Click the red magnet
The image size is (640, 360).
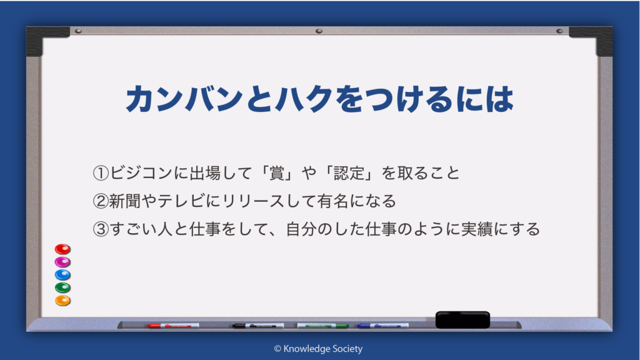click(x=62, y=249)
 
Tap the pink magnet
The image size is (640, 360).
click(x=62, y=262)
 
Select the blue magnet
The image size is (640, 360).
click(x=62, y=275)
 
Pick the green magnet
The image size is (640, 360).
click(x=62, y=287)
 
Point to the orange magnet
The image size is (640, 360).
click(x=63, y=301)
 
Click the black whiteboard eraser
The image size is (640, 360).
click(x=462, y=319)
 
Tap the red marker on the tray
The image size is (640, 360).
click(x=173, y=326)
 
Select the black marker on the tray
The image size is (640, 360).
click(x=258, y=326)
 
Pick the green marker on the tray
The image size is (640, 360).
click(x=323, y=326)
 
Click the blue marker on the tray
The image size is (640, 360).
click(x=382, y=326)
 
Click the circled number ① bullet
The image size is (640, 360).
click(x=101, y=173)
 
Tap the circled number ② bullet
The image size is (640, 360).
click(x=101, y=201)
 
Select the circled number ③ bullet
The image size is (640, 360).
click(x=101, y=229)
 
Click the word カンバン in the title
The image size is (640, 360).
click(x=184, y=99)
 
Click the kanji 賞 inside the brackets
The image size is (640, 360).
click(x=277, y=173)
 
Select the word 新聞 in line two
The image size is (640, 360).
click(x=125, y=201)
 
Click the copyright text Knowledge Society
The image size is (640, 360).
click(x=323, y=349)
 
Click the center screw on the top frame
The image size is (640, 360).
click(x=319, y=31)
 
